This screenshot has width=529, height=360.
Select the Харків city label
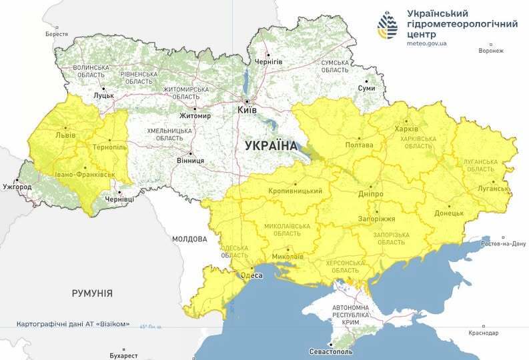[x=406, y=129]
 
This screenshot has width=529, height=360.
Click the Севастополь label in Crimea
[x=332, y=351]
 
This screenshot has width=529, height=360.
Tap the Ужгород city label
[x=17, y=187]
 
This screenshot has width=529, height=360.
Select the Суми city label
[x=366, y=88]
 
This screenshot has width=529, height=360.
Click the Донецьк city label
[x=449, y=213]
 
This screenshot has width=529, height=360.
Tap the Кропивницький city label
[x=295, y=191]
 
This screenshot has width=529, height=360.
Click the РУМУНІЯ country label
[x=92, y=293]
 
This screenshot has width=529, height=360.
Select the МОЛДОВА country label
[x=189, y=239]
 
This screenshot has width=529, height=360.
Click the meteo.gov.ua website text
[x=426, y=43]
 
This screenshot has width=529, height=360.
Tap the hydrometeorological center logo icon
[x=389, y=27]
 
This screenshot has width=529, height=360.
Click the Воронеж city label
[x=492, y=51]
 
